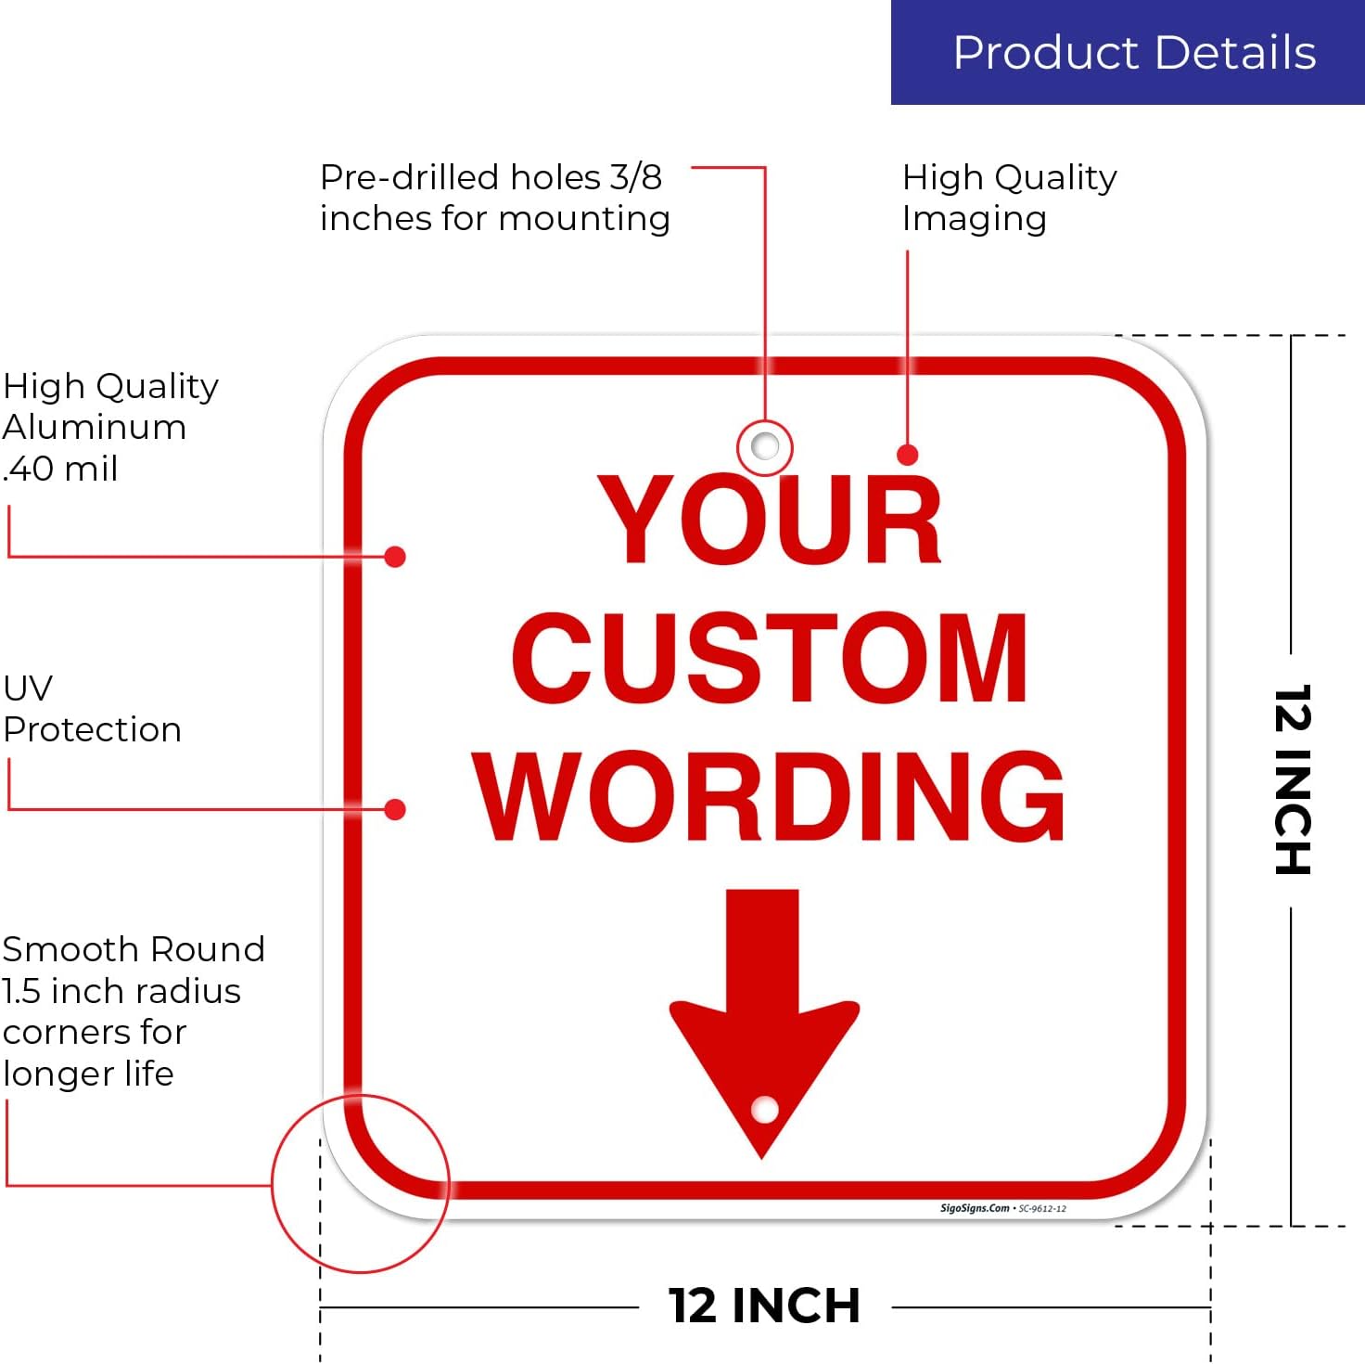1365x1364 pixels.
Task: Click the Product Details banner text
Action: point(1134,53)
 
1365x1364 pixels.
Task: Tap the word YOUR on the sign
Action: point(770,519)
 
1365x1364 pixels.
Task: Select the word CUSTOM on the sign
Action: point(770,656)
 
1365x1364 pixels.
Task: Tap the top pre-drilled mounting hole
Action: point(764,446)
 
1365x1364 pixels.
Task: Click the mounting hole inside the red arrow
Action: point(764,1110)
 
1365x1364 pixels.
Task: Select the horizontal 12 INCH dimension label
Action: point(764,1306)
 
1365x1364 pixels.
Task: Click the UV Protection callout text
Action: point(92,708)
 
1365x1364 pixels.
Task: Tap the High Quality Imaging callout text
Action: point(1010,198)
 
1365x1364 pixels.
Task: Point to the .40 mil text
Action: point(60,469)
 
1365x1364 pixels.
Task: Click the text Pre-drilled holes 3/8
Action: point(491,177)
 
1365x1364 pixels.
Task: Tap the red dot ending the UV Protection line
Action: point(394,809)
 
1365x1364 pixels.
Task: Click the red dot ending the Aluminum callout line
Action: point(394,557)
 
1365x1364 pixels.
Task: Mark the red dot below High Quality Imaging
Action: point(908,455)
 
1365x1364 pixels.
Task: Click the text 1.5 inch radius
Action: point(121,991)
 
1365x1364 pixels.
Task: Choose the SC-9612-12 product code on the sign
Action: point(1042,1209)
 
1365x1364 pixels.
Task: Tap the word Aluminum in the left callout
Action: point(95,428)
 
